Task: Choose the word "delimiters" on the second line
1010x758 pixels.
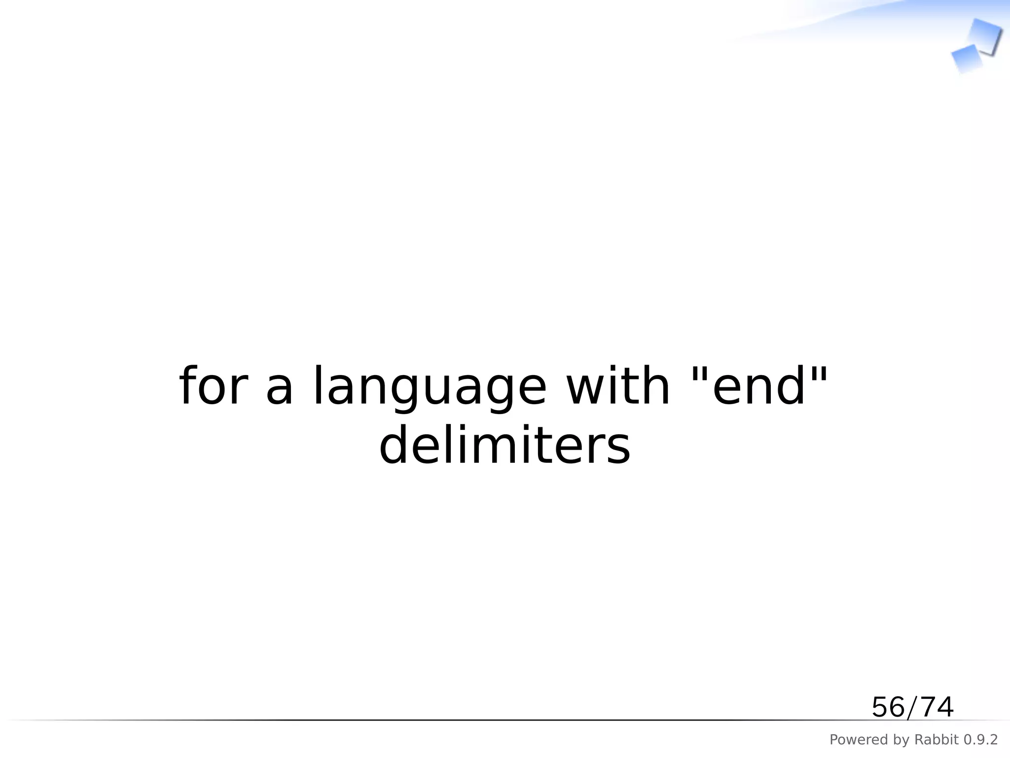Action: [505, 445]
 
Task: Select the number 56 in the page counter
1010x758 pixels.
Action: [888, 707]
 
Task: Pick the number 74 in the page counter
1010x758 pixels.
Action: [937, 707]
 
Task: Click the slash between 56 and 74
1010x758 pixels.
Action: [913, 708]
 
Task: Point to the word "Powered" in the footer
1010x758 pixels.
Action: [853, 740]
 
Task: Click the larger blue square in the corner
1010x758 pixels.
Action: [984, 37]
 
